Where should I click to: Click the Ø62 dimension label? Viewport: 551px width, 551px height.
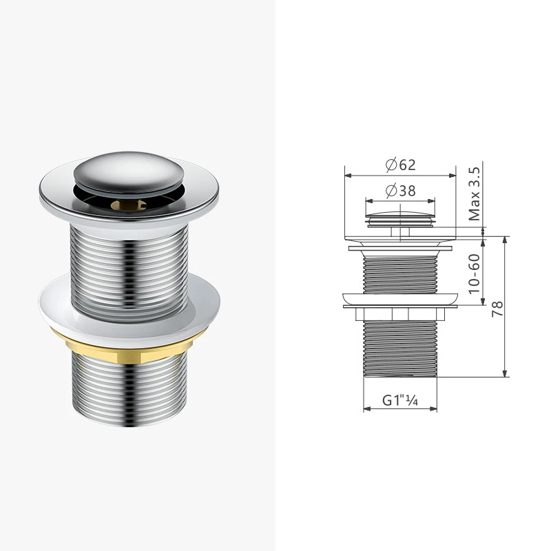click(401, 165)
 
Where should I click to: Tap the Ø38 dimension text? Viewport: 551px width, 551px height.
click(401, 191)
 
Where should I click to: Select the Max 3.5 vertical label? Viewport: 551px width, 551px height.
click(475, 194)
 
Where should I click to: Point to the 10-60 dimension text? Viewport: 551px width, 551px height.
click(474, 273)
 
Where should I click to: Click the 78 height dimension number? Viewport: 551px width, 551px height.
click(497, 309)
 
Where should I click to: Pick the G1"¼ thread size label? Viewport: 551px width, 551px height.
click(400, 400)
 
